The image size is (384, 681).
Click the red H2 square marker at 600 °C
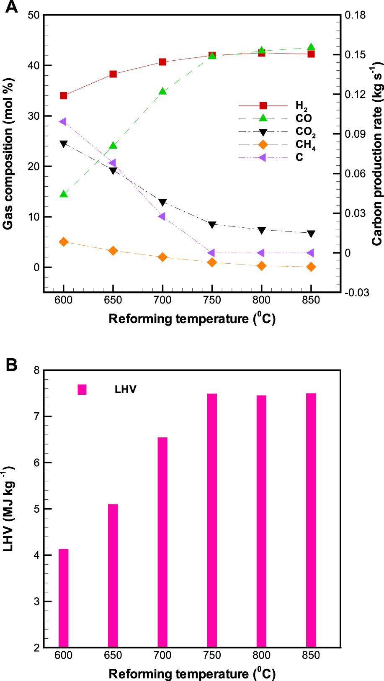tap(64, 96)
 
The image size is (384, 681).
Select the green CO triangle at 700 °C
tap(162, 91)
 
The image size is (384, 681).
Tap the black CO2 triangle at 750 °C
tap(212, 225)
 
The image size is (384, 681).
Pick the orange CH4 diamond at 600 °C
tap(64, 242)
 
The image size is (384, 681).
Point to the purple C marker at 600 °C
tap(63, 122)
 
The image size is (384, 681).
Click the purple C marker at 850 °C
tap(311, 253)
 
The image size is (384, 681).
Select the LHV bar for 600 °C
tap(64, 598)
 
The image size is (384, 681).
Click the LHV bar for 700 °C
tap(162, 542)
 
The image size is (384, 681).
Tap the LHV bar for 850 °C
tap(311, 520)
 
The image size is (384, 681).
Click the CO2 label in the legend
tap(305, 132)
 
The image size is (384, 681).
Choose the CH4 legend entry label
tap(305, 145)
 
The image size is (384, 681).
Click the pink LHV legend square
tap(82, 390)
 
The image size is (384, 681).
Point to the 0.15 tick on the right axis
tap(355, 55)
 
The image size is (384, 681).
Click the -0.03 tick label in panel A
tap(356, 293)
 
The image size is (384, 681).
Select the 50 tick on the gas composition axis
tap(34, 15)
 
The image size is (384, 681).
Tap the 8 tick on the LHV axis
tap(36, 370)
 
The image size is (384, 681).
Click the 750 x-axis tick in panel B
tap(212, 655)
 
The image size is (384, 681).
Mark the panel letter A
tap(11, 7)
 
